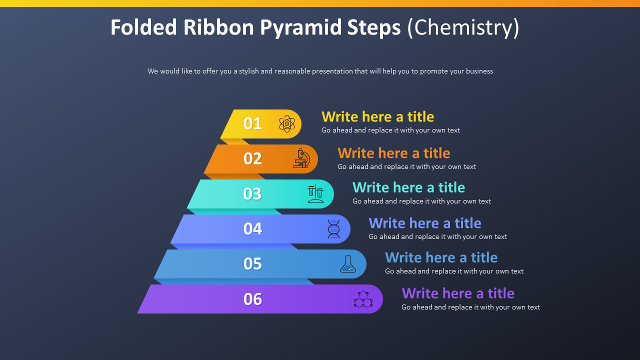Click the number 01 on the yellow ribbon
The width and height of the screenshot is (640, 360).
click(252, 123)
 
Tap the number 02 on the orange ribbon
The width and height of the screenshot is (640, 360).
click(252, 158)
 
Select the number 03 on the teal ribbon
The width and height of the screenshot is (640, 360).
click(252, 194)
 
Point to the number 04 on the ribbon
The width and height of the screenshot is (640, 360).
click(252, 229)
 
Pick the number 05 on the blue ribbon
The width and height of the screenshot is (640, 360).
click(252, 264)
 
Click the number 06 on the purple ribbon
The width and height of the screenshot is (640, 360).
click(252, 299)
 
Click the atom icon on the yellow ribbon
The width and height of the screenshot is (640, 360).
click(286, 123)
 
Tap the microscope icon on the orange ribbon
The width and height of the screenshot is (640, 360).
click(301, 158)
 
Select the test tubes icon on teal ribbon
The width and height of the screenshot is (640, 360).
click(315, 193)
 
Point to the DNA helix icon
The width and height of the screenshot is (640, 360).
click(333, 229)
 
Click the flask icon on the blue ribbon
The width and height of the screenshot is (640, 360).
click(348, 264)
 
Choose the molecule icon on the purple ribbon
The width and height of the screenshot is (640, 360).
click(363, 299)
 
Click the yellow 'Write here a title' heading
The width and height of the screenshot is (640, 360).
click(377, 117)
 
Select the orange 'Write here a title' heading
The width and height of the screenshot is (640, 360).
click(393, 153)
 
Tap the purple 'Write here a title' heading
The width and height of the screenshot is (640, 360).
click(457, 293)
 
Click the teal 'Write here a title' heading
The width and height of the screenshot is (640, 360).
click(408, 187)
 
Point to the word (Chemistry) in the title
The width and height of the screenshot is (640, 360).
click(463, 27)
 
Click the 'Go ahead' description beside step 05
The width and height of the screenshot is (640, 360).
click(454, 271)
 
